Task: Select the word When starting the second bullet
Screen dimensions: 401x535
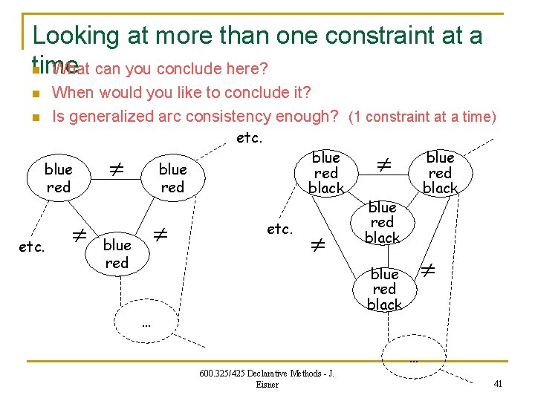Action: [73, 93]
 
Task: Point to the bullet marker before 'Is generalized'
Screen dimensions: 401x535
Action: [35, 117]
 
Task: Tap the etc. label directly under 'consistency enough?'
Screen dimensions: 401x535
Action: [248, 137]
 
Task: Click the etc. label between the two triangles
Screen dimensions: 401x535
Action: [280, 229]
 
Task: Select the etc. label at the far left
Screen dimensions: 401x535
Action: [31, 247]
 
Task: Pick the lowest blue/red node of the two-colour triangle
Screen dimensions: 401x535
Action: [117, 254]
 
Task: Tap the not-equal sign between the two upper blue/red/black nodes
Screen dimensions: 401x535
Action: [383, 162]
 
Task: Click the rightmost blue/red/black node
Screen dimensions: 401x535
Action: [440, 173]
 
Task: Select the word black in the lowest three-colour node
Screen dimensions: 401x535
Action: [384, 304]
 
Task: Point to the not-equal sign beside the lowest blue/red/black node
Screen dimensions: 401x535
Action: [428, 273]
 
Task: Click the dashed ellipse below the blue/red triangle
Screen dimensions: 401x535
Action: [146, 320]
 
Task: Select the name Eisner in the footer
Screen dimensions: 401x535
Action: [266, 385]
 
